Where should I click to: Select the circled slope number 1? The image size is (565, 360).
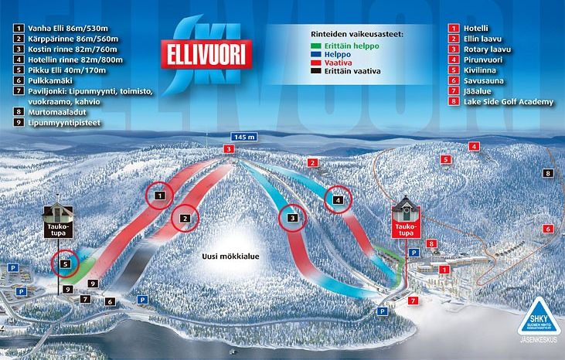[159, 196]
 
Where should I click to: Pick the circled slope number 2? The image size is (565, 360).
[185, 219]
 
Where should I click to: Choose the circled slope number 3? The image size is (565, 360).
[293, 219]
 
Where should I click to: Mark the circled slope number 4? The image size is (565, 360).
[338, 200]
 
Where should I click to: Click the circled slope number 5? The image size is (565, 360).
[66, 263]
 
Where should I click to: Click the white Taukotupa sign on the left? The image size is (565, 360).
[58, 229]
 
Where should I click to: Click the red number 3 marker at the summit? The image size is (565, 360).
[228, 148]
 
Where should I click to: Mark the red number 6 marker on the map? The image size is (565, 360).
[547, 229]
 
